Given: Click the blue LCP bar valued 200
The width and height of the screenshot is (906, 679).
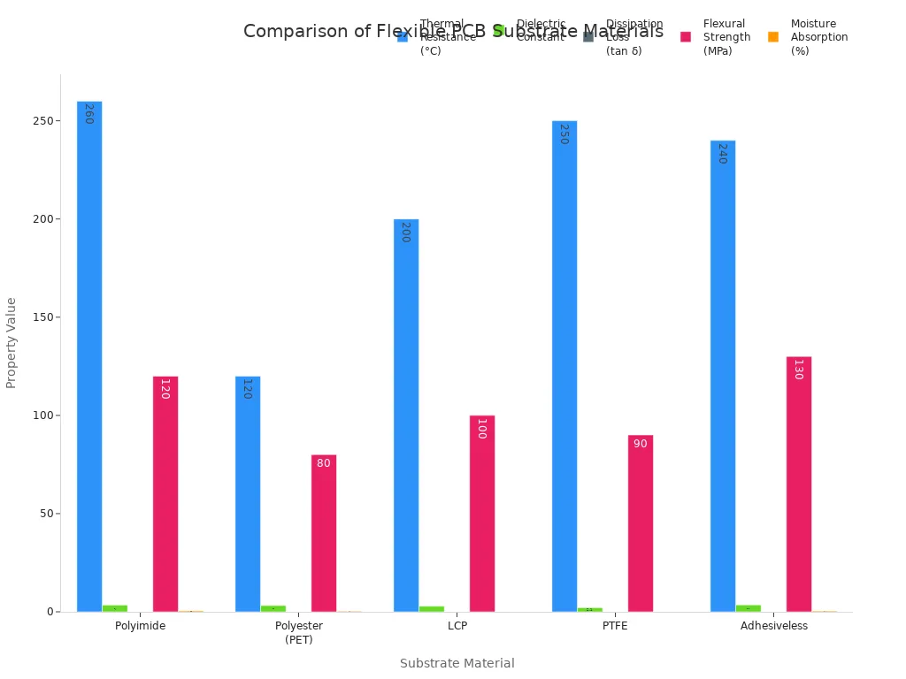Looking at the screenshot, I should coord(406,416).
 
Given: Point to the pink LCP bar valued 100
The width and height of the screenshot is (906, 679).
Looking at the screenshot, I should coord(482,513).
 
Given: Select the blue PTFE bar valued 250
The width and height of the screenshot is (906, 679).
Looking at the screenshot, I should coord(564,366).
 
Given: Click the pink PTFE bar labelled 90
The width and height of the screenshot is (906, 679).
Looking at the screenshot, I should coord(641,523).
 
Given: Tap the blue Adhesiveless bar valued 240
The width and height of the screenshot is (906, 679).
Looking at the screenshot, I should coord(723,376).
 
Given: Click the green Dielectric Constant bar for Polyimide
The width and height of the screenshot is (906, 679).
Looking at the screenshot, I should coord(115,608).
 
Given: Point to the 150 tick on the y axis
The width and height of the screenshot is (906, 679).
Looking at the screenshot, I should coord(45,317).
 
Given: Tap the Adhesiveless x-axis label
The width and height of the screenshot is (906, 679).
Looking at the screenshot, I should coord(774,626).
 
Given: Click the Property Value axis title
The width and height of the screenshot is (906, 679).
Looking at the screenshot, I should coord(12,342).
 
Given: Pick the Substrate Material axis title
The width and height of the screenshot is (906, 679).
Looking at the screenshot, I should coord(457,663).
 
